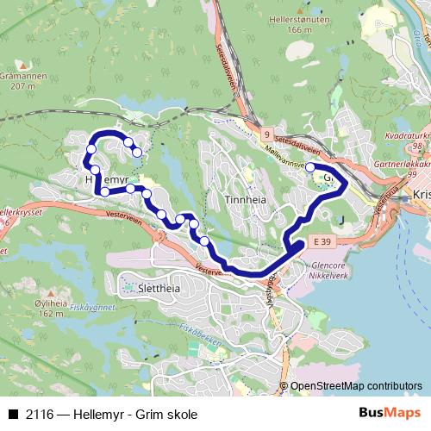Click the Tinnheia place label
[240, 198]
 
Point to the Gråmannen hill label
[31, 76]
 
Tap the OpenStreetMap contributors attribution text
[355, 385]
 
